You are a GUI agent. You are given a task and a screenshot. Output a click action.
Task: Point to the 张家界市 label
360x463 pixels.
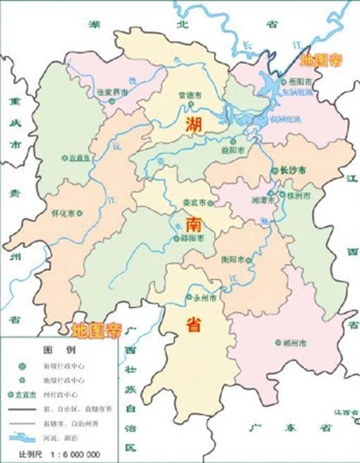113,92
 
